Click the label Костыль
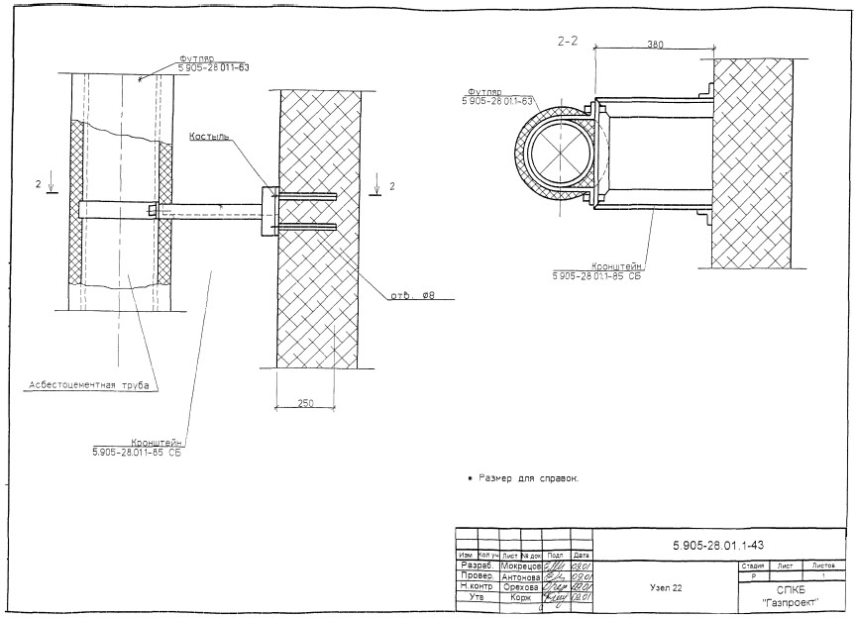209,136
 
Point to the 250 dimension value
307,403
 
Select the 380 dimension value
654,45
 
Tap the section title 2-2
571,42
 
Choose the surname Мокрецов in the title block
520,566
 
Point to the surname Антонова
520,576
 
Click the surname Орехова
520,587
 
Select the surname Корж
520,598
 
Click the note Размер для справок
525,479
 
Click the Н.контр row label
479,587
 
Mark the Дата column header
582,556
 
